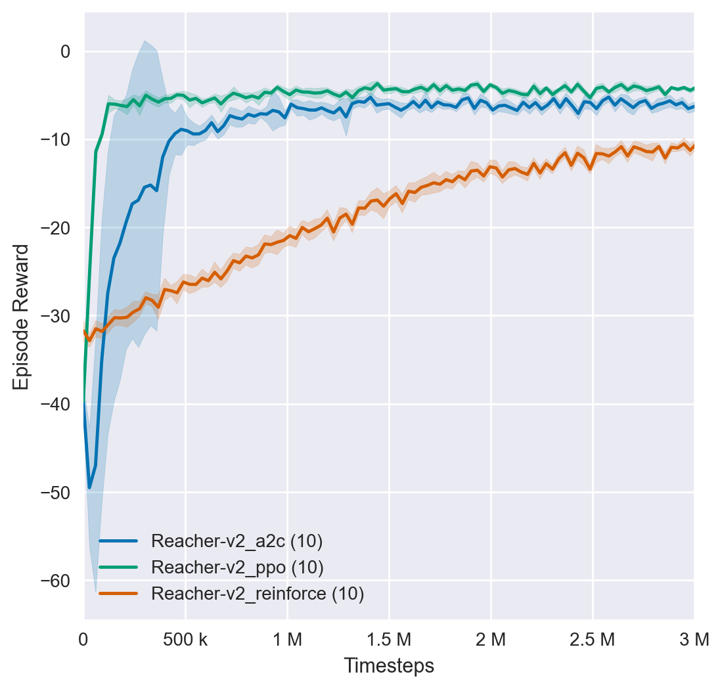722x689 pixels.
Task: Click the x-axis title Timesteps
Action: pos(389,665)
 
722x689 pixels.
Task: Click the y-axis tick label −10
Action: pos(58,140)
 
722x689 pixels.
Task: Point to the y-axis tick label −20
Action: pos(58,228)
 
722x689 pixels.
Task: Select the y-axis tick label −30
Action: pos(58,316)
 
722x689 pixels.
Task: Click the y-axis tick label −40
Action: pos(58,404)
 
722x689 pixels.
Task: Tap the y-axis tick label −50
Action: pos(58,492)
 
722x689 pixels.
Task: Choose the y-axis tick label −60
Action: pos(58,581)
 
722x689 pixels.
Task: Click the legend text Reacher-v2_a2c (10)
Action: pos(237,541)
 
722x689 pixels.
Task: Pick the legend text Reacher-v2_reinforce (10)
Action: pos(258,593)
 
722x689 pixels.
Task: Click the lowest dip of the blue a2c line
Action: pos(90,487)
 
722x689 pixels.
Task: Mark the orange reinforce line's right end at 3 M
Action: pos(693,146)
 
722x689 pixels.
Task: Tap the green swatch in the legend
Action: pos(118,567)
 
